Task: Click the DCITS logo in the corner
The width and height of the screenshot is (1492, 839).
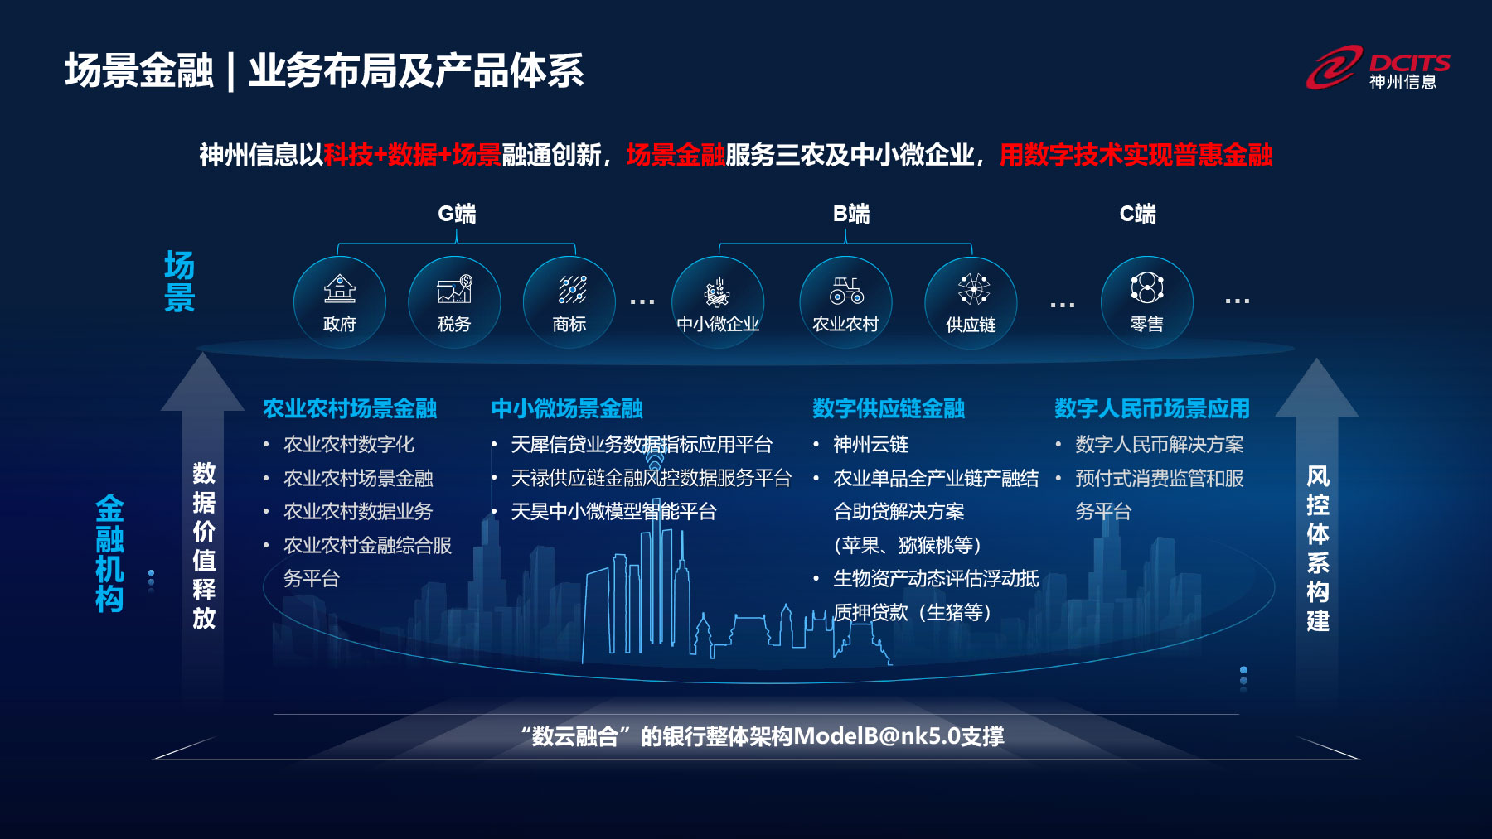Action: (x=1378, y=68)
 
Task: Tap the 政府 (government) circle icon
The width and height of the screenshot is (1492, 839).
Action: (x=340, y=302)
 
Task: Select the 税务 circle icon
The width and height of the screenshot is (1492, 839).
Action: (x=454, y=302)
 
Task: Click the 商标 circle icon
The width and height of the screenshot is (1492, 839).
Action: (x=569, y=302)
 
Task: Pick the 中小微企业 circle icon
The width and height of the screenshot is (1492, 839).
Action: (x=718, y=302)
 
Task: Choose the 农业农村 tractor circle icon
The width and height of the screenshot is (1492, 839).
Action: (x=845, y=302)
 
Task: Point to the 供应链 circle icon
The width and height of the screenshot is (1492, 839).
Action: (x=971, y=302)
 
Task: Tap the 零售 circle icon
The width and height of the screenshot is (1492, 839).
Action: (x=1147, y=302)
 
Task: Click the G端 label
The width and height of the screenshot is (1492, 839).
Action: (x=457, y=215)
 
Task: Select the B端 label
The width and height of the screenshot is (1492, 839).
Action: (x=851, y=215)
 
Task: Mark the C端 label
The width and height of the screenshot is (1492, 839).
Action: (x=1138, y=215)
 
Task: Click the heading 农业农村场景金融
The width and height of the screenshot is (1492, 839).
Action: (x=350, y=408)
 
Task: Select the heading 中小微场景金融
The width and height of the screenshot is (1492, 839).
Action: (x=567, y=408)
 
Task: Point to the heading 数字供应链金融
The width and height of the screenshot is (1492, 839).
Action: (x=889, y=408)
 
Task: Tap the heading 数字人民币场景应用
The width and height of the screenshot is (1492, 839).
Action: (x=1152, y=408)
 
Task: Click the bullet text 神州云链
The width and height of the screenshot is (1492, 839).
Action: (x=870, y=445)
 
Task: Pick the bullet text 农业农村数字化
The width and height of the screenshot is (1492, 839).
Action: (x=349, y=445)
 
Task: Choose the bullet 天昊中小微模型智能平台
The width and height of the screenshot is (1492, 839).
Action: (x=613, y=512)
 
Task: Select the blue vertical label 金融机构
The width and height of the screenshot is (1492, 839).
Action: (x=109, y=553)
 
